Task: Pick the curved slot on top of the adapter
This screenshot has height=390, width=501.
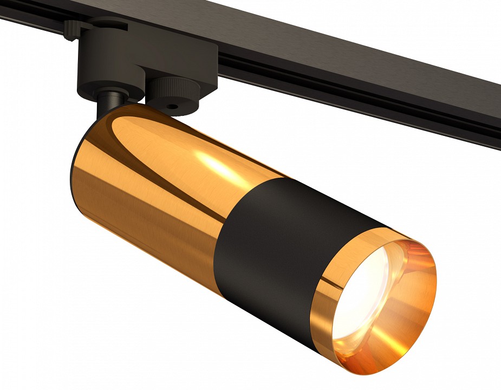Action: pyautogui.click(x=103, y=24)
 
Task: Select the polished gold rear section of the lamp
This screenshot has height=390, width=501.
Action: pyautogui.click(x=152, y=200)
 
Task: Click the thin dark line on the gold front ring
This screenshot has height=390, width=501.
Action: pyautogui.click(x=325, y=282)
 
